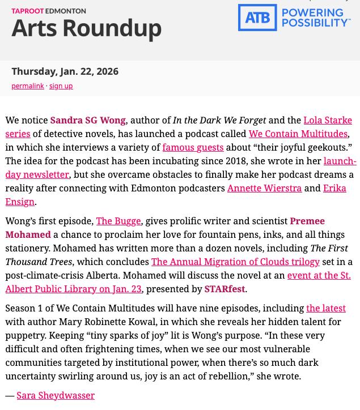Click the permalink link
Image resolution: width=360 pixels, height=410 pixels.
click(x=27, y=86)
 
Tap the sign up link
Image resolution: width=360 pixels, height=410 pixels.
click(x=61, y=86)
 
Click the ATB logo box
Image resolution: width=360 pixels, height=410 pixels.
click(x=257, y=18)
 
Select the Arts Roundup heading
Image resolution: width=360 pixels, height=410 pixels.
click(x=86, y=28)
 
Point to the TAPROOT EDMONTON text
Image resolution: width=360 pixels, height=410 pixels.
click(x=49, y=11)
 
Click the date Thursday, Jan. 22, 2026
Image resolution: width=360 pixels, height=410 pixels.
click(x=65, y=71)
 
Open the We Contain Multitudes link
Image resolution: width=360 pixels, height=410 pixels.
click(x=299, y=134)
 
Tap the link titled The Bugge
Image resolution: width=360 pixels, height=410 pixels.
click(x=112, y=221)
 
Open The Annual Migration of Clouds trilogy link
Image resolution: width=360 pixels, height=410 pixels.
click(x=235, y=262)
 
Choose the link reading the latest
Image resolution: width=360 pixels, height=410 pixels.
click(x=325, y=308)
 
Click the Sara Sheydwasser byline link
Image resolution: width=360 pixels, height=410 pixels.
click(x=55, y=395)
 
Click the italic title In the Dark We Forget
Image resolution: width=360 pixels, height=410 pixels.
click(x=219, y=120)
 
